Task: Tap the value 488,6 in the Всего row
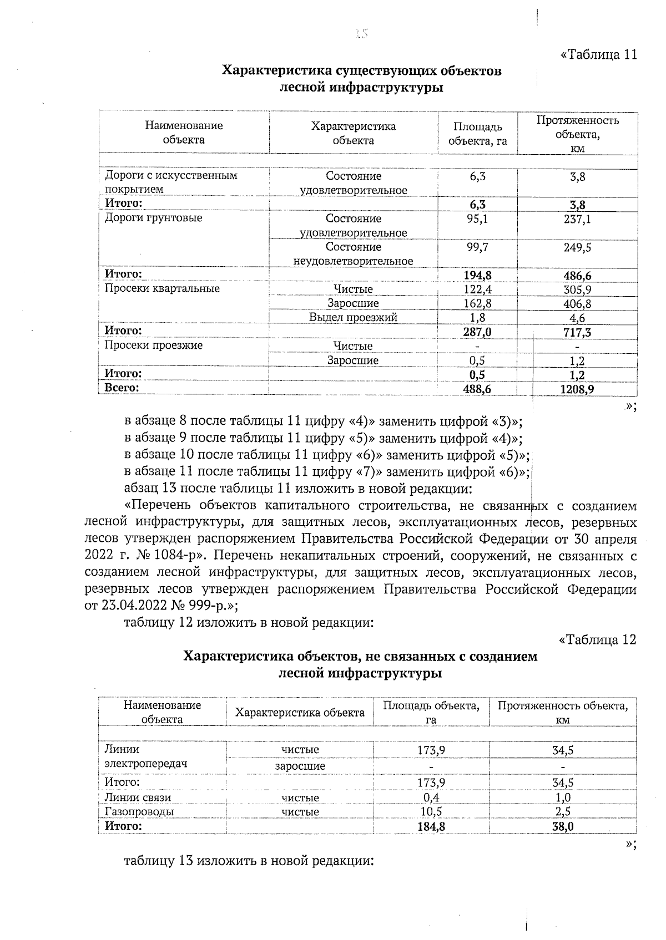click(x=477, y=389)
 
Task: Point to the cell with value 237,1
click(x=577, y=220)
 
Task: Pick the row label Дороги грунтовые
click(x=154, y=217)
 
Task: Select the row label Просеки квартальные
click(x=162, y=288)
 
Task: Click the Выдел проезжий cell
click(x=353, y=318)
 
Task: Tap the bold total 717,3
click(x=577, y=332)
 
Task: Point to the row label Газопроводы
click(x=139, y=811)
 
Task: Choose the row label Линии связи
click(x=138, y=797)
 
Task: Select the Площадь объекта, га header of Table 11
click(x=477, y=134)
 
